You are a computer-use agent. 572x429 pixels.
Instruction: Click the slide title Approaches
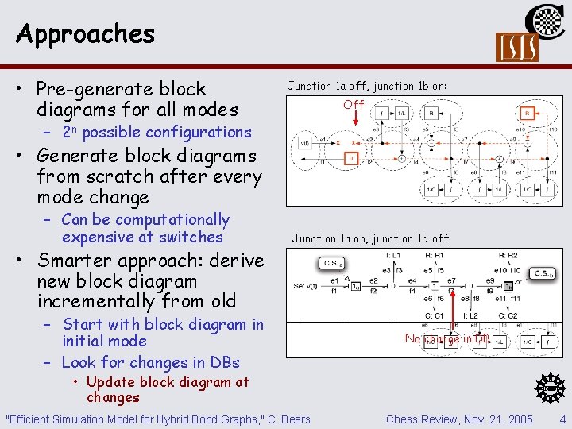coord(85,33)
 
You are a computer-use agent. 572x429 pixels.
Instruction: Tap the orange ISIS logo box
coord(516,48)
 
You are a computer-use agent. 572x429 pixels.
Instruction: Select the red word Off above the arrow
coord(354,104)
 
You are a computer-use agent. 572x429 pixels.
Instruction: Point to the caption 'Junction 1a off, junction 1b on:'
coord(366,86)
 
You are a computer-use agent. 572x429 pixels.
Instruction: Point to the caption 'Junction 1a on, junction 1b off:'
coord(371,238)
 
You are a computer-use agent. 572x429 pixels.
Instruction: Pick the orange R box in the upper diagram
coord(525,113)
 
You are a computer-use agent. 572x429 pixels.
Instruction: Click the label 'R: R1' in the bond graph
coord(435,257)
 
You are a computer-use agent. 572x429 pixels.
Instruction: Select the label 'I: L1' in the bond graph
coord(393,257)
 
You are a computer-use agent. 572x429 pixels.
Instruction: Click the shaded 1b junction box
coord(508,286)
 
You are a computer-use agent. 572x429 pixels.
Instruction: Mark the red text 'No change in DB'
coord(447,338)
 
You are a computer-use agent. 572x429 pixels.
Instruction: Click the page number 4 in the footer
coord(562,419)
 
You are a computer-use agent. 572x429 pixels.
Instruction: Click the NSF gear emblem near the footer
coord(547,388)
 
